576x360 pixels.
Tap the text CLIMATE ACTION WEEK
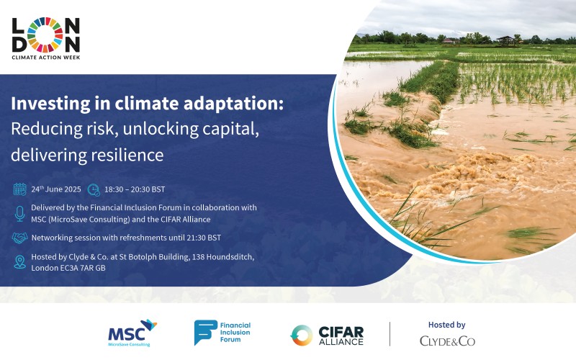46,58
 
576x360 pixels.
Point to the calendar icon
20,189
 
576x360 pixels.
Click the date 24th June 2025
56,189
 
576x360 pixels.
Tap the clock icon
94,189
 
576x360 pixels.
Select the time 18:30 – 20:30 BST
135,189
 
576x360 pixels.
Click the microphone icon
20,213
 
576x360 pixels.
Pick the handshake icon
20,238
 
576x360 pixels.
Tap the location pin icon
20,262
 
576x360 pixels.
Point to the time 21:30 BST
204,238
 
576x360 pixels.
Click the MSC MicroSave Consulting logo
132,333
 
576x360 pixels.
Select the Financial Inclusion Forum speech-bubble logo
206,332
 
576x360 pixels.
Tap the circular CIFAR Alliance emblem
302,336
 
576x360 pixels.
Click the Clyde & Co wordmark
447,341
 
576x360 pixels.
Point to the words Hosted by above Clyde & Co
446,325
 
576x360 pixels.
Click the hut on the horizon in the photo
505,40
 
